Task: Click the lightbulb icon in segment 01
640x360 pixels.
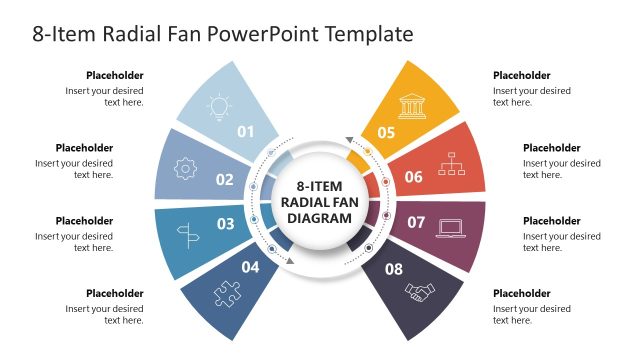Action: [217, 107]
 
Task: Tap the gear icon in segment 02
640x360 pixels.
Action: [185, 169]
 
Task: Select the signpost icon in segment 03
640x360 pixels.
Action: [186, 235]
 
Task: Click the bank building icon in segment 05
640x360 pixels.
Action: [411, 106]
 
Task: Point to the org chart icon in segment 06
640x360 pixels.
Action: [453, 163]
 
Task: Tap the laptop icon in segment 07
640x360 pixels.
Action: [450, 227]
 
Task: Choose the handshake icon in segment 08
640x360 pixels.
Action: [420, 292]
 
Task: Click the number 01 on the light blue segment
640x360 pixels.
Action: [246, 131]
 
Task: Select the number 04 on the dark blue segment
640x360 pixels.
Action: [250, 267]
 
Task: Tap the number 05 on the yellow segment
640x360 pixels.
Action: [386, 132]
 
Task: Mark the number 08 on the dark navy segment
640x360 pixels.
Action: [394, 268]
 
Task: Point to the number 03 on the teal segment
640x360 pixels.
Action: [225, 224]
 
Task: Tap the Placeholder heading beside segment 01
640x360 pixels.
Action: [114, 75]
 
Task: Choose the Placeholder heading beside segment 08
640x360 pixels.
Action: [522, 294]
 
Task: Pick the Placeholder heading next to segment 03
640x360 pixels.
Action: [84, 221]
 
